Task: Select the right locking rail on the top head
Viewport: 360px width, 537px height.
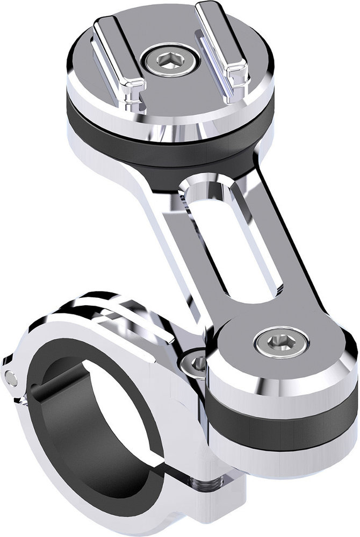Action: click(x=221, y=46)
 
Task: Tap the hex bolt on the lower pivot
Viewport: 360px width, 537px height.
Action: click(x=282, y=343)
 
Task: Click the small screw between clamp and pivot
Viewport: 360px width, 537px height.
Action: click(x=197, y=363)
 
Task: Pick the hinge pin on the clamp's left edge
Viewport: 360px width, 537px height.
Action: click(x=11, y=378)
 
